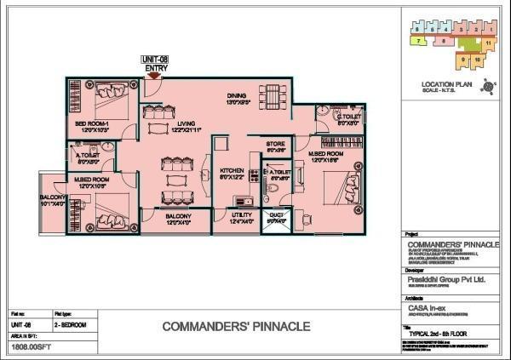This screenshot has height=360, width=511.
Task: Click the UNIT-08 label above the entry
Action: [x=157, y=59]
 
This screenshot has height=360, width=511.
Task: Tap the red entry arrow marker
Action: [x=153, y=77]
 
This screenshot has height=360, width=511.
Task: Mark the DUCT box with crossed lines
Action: [x=276, y=218]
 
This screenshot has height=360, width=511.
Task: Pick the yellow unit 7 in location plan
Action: [x=419, y=39]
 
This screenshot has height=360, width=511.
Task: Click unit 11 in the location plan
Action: [x=489, y=41]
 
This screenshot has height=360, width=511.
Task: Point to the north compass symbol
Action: [x=487, y=85]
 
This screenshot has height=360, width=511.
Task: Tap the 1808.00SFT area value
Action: [x=27, y=347]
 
